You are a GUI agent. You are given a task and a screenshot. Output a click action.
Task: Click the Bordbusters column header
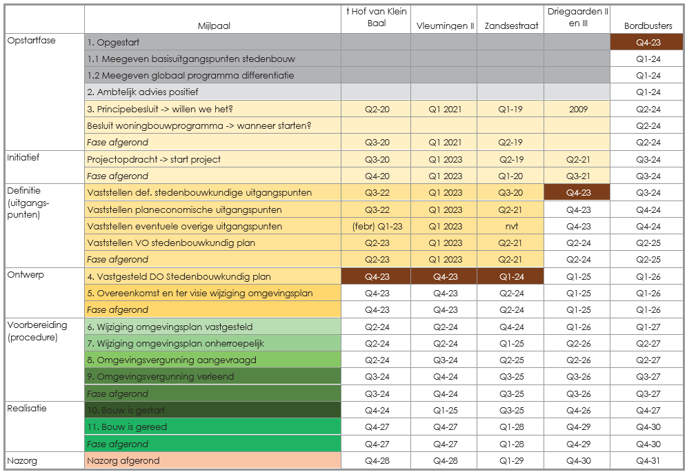(x=648, y=26)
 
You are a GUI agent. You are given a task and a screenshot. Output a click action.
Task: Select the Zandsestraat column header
(x=509, y=26)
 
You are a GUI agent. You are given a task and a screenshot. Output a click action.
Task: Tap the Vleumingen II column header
(x=444, y=26)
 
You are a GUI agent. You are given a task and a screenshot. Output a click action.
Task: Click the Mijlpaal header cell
(x=213, y=26)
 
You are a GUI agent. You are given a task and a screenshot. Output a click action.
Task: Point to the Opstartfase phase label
(x=31, y=41)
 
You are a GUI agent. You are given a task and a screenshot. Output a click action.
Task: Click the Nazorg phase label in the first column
(x=22, y=460)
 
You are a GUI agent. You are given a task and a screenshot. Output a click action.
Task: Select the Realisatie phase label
(x=27, y=408)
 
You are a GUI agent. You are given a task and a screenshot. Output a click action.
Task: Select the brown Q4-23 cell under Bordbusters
(x=648, y=43)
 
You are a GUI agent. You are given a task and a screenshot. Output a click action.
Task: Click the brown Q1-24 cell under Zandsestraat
(x=509, y=277)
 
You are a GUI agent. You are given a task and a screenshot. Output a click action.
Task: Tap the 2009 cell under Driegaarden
(x=577, y=110)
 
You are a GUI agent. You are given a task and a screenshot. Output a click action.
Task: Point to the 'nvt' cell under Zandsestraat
(x=509, y=227)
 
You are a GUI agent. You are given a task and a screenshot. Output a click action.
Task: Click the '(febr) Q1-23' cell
(x=376, y=227)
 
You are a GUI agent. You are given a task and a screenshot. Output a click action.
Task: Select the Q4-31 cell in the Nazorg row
(x=648, y=461)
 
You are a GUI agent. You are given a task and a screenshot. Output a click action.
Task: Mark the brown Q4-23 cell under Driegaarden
(x=577, y=193)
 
